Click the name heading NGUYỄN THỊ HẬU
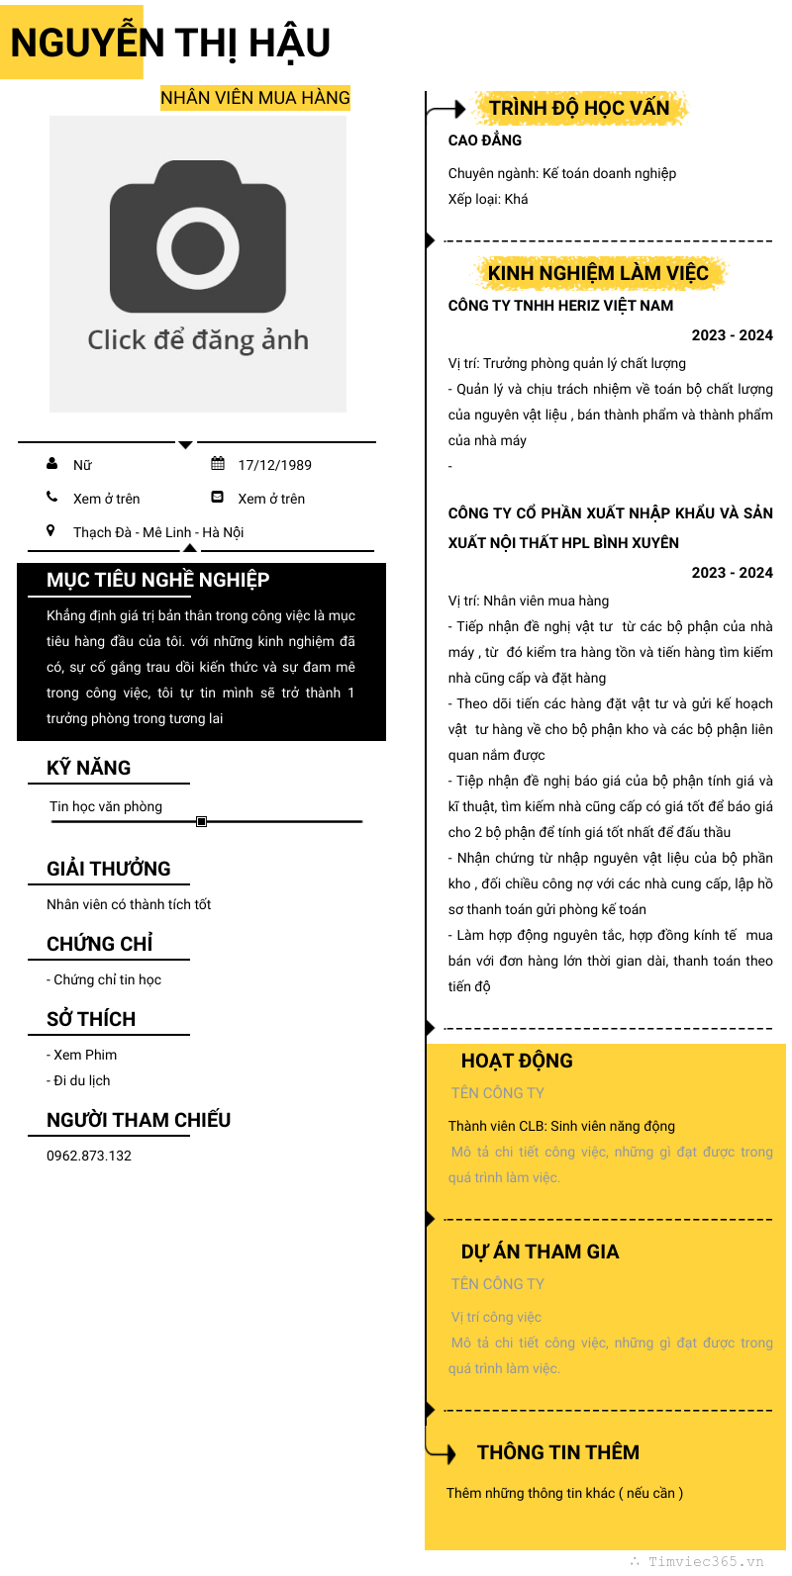(170, 43)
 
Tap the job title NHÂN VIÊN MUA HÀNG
(255, 98)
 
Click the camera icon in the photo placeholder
(198, 237)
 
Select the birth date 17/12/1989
(274, 465)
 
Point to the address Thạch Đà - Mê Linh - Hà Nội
(158, 532)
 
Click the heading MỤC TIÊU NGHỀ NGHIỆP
(158, 580)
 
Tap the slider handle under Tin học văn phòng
(202, 821)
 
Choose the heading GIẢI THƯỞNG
(109, 869)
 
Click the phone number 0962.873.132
(89, 1156)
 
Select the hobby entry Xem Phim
(84, 1055)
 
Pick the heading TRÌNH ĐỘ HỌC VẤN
(579, 108)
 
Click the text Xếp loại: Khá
(488, 199)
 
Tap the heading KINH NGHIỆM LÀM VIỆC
(598, 273)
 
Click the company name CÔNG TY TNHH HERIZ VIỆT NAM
(560, 306)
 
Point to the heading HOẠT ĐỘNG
(517, 1061)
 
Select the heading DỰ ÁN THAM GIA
(540, 1252)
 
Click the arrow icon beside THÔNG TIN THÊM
(443, 1452)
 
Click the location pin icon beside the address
(50, 531)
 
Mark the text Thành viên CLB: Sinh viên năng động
(561, 1126)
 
